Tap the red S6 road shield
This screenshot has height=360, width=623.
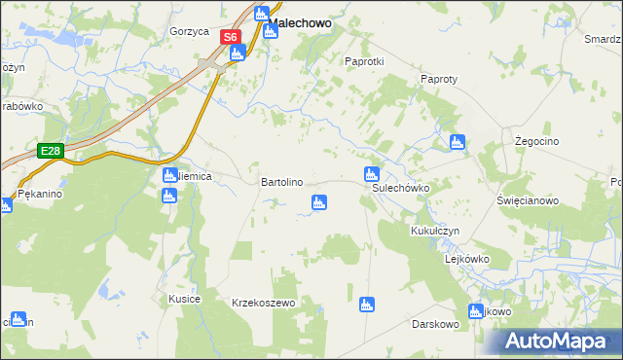tap(229, 38)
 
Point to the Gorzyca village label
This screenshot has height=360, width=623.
tap(189, 31)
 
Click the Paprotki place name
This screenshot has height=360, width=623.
tap(365, 60)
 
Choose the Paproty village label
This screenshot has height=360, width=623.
tap(438, 79)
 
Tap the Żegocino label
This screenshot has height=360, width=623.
tap(535, 141)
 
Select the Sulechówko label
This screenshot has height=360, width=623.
tap(401, 189)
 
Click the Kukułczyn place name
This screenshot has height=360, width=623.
tap(434, 231)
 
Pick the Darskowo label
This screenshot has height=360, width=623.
tap(434, 322)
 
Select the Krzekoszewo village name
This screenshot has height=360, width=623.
tap(263, 303)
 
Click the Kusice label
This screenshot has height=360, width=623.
tap(184, 299)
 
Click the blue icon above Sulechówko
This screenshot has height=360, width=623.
tap(371, 175)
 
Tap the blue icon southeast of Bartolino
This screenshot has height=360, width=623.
tap(317, 202)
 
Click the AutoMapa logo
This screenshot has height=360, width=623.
tap(559, 341)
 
